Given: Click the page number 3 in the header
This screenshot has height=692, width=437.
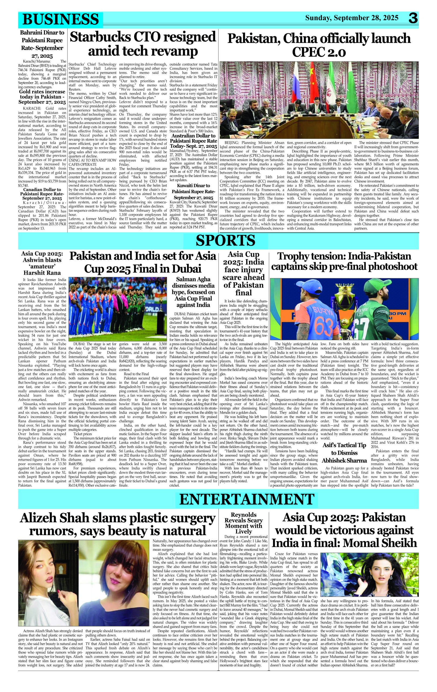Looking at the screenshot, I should (413, 19).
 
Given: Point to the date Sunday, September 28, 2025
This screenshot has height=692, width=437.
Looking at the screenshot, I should (352, 18).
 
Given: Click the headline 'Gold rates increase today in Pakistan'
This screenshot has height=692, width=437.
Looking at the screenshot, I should (42, 97).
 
